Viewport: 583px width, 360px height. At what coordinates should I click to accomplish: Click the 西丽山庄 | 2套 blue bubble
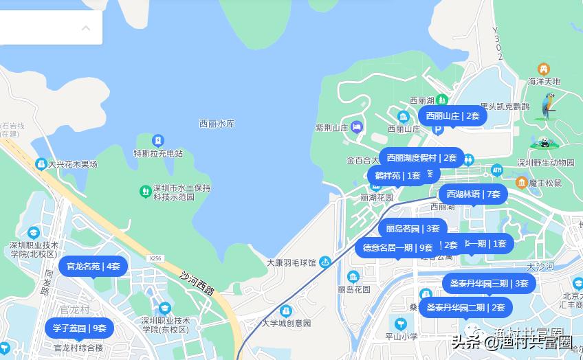click(x=452, y=115)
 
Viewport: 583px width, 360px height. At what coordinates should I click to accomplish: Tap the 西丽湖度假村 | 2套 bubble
click(x=421, y=157)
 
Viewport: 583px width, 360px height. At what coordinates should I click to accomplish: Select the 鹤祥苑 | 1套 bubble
click(x=393, y=175)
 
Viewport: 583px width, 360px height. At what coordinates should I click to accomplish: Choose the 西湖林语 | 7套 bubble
click(x=473, y=194)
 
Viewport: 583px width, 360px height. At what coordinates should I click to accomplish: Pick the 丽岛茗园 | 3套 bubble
click(x=412, y=228)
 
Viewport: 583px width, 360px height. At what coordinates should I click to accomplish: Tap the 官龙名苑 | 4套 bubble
click(x=93, y=266)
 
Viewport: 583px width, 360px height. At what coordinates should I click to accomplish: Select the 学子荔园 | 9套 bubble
click(x=80, y=328)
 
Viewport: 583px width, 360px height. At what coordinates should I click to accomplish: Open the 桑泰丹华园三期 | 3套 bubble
click(x=489, y=283)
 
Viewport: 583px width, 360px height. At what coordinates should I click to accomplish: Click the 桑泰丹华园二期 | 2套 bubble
click(x=465, y=307)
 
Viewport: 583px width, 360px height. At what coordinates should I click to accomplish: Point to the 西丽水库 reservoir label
click(x=217, y=124)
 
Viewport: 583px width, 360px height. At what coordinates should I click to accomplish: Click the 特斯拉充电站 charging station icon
click(x=159, y=141)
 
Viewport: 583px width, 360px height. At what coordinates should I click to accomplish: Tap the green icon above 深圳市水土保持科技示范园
click(x=145, y=190)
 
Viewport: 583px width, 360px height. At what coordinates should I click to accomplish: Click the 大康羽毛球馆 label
click(x=291, y=262)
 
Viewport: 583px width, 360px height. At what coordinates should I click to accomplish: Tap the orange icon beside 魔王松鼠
click(x=522, y=182)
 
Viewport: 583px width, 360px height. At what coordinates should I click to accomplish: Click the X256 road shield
click(x=155, y=258)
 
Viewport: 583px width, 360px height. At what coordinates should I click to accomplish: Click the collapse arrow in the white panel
click(x=86, y=28)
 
